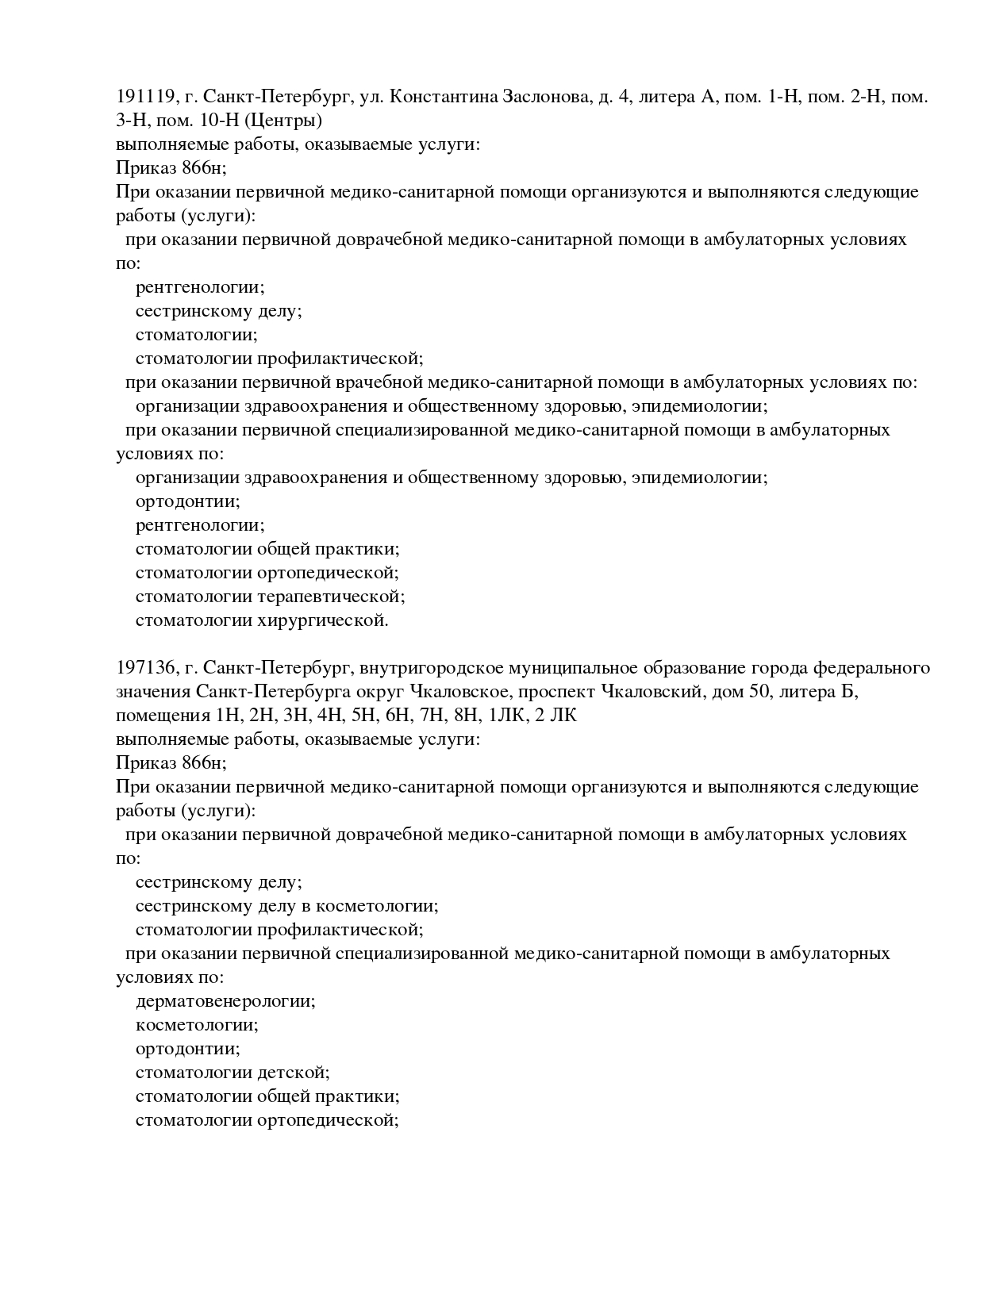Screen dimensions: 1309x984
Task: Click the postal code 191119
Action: pyautogui.click(x=145, y=97)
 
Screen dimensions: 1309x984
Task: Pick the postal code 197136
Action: pyautogui.click(x=145, y=668)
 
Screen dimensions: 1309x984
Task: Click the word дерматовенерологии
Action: pyautogui.click(x=225, y=1001)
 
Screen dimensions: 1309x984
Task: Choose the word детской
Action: pyautogui.click(x=293, y=1073)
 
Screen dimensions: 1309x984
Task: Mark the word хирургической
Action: pyautogui.click(x=323, y=620)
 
